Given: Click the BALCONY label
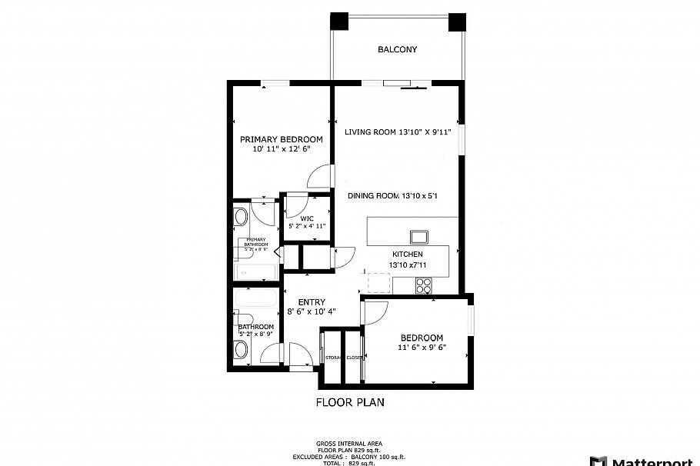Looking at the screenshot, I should [x=397, y=50].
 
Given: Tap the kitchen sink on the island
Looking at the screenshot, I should [x=418, y=236].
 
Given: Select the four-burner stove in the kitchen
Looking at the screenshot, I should [x=424, y=285].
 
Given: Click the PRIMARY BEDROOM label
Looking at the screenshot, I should [x=281, y=139].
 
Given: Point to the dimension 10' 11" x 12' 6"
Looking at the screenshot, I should [x=281, y=149].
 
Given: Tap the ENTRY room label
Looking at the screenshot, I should [x=306, y=302].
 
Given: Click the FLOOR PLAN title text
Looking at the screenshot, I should [x=350, y=402].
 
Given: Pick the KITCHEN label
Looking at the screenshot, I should [x=408, y=255].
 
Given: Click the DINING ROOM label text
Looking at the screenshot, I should [x=373, y=196].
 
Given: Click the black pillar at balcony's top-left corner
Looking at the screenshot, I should [x=338, y=22].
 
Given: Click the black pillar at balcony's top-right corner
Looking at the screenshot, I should [x=457, y=22].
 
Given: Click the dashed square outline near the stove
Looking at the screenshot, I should [x=378, y=284].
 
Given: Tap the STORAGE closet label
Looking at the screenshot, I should [x=332, y=358].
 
